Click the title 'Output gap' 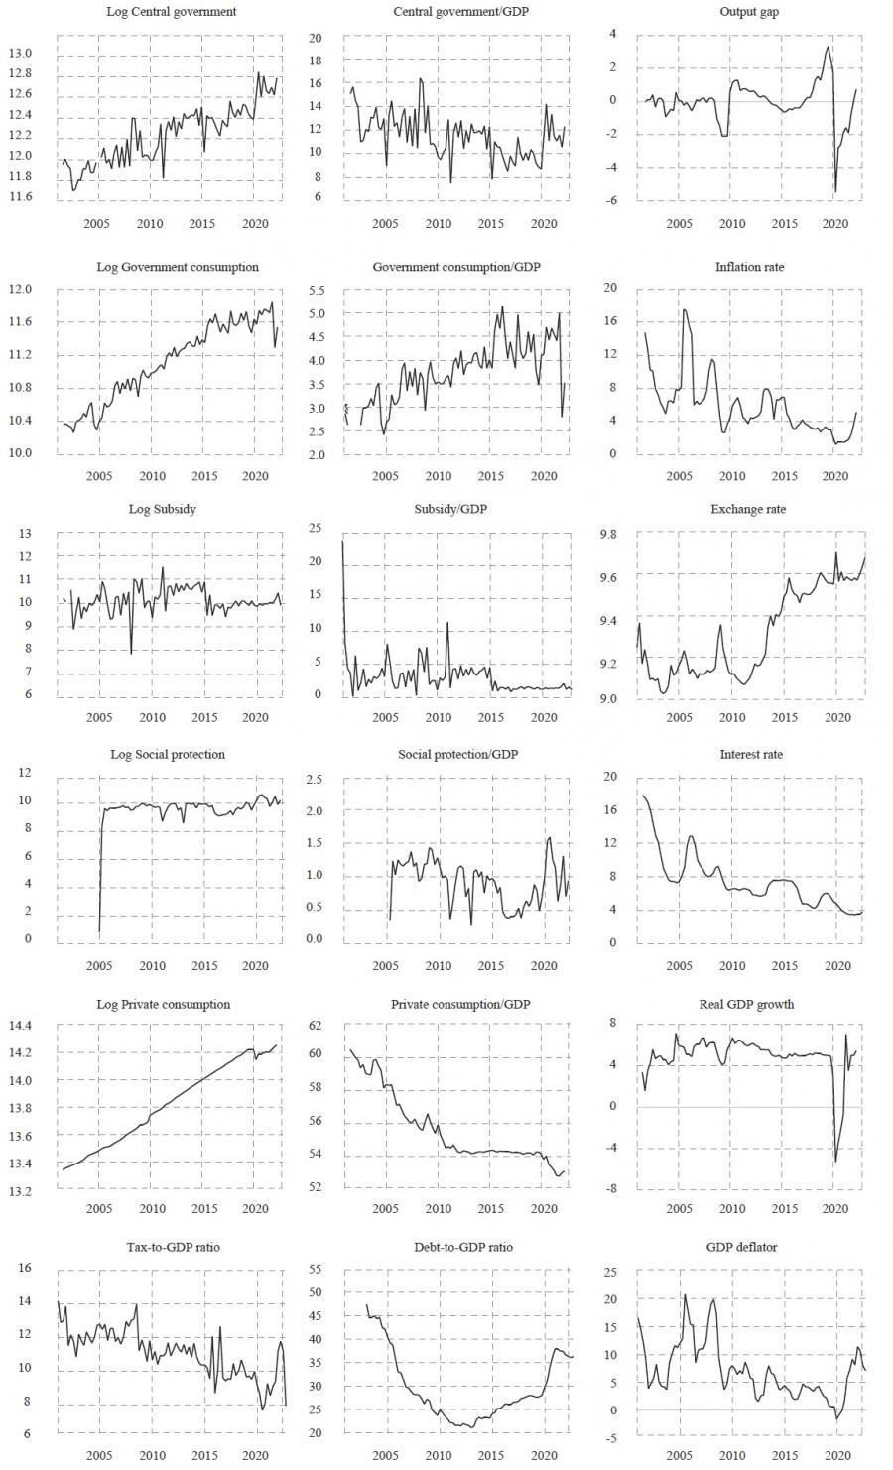click(x=751, y=11)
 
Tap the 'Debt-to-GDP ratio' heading click(x=463, y=1246)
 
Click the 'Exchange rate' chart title click(x=751, y=509)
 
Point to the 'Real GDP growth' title click(x=751, y=1004)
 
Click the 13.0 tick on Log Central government click(x=21, y=53)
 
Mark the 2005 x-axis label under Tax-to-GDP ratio click(x=98, y=1455)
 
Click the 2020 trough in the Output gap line click(x=835, y=192)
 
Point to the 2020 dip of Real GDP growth click(x=835, y=1162)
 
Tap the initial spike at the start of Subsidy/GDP click(x=343, y=541)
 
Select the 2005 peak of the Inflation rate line click(x=683, y=310)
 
